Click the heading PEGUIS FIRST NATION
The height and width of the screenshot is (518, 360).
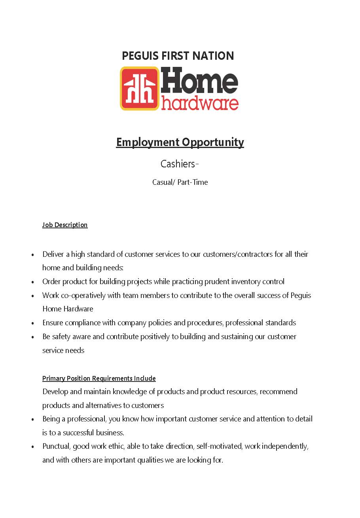178,56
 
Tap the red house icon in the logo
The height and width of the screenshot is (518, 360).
140,88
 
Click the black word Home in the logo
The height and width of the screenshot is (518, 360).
199,81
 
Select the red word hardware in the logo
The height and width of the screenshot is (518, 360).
200,102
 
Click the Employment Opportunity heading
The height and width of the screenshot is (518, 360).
180,142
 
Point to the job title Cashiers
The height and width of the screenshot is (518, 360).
178,164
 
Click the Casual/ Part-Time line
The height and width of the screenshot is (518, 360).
180,182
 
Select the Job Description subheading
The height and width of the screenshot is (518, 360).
65,225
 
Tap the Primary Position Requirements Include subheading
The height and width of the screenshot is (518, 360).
99,378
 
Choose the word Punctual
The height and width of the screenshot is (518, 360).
57,446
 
